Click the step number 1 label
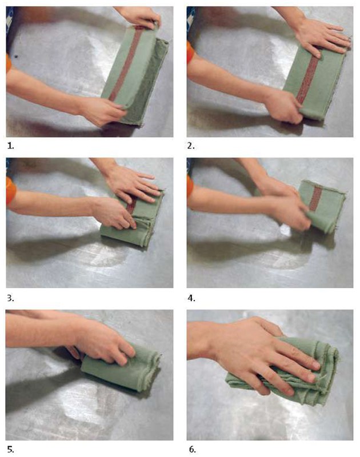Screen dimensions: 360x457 [10, 146]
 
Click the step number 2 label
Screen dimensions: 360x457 [191, 146]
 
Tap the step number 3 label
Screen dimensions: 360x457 [10, 298]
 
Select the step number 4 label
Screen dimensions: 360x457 [191, 298]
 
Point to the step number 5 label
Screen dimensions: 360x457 [10, 450]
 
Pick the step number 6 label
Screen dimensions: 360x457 [192, 450]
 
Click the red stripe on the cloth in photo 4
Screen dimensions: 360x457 [315, 198]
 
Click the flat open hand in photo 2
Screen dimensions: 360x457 [322, 37]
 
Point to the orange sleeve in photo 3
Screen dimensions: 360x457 [10, 191]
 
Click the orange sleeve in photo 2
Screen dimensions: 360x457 [190, 53]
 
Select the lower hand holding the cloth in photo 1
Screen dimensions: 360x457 [102, 111]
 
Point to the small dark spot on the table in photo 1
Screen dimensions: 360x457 [17, 56]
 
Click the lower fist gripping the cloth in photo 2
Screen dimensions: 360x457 [284, 106]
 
